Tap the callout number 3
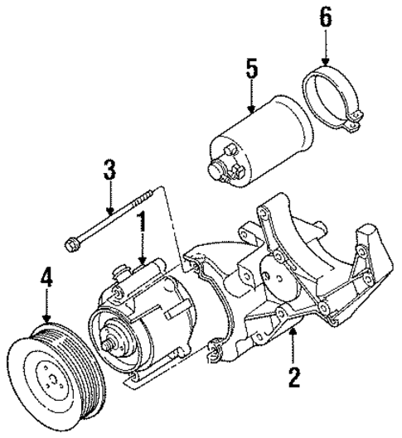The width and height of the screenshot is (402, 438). [x=109, y=173]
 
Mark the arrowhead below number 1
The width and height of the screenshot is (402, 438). [x=143, y=264]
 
